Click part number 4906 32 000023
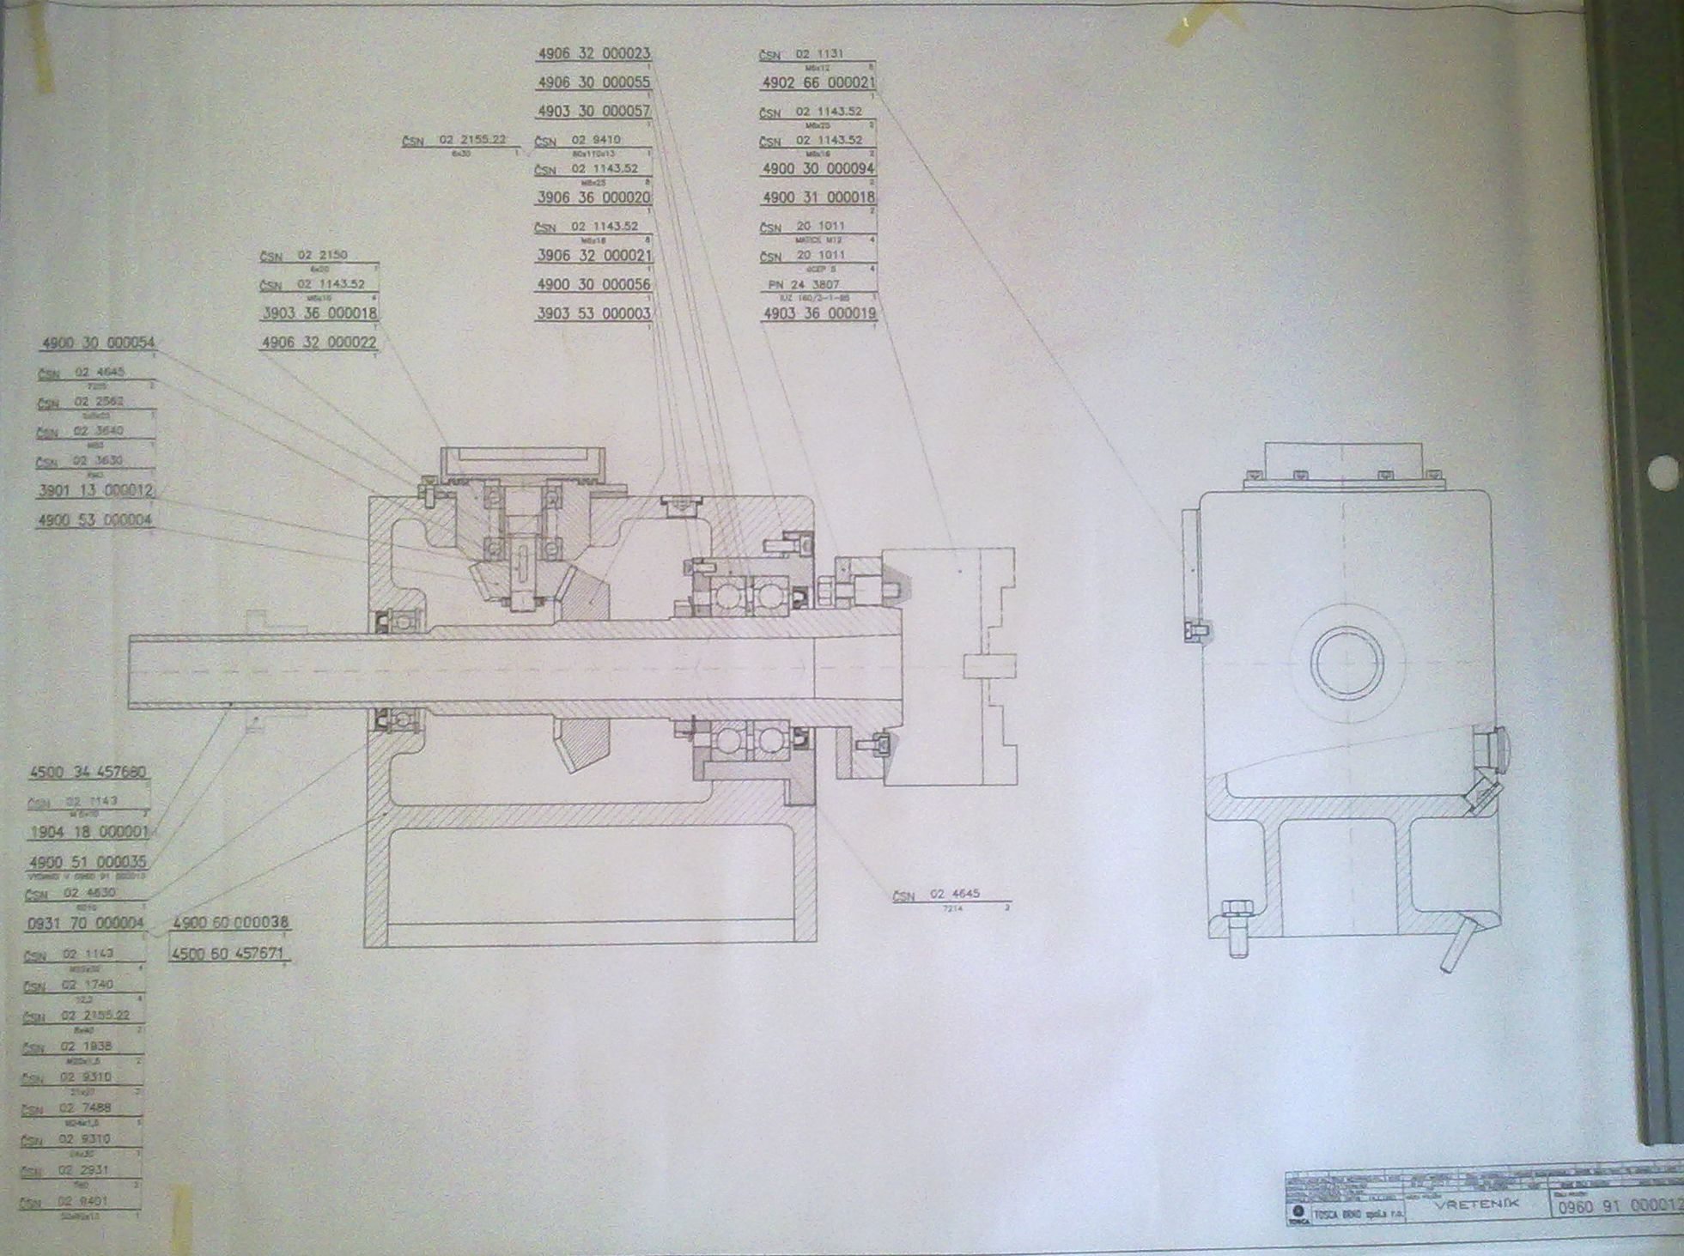tap(593, 53)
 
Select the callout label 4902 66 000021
tap(818, 83)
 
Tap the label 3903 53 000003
tap(593, 313)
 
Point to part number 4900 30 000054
tap(98, 343)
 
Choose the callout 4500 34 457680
tap(88, 772)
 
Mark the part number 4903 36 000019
tap(818, 313)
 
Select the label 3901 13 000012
tap(95, 491)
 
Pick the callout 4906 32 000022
tap(319, 343)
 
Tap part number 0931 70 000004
tap(85, 923)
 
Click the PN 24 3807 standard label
tap(804, 284)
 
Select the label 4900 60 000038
tap(231, 923)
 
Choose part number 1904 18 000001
tap(88, 832)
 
